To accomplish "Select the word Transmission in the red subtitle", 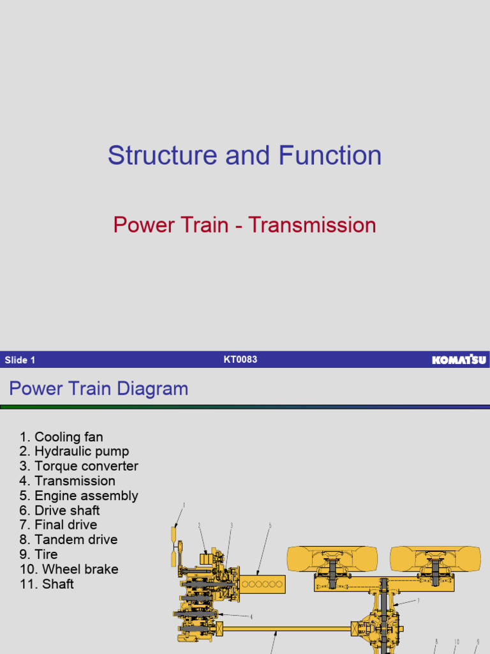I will pyautogui.click(x=312, y=225).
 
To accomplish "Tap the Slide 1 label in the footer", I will pyautogui.click(x=20, y=360).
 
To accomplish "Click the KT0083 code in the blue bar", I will pyautogui.click(x=241, y=360).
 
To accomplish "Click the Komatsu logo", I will pyautogui.click(x=459, y=360).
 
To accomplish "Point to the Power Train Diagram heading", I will pyautogui.click(x=98, y=389).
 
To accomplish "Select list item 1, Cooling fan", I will pyautogui.click(x=61, y=437).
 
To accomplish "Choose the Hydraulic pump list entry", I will pyautogui.click(x=74, y=452).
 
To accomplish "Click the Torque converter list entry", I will pyautogui.click(x=79, y=466).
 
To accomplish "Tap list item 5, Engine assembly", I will pyautogui.click(x=79, y=496).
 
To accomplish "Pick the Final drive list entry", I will pyautogui.click(x=59, y=525).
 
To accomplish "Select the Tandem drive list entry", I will pyautogui.click(x=68, y=540).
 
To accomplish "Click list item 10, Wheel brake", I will pyautogui.click(x=69, y=569).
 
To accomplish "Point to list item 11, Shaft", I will pyautogui.click(x=47, y=584).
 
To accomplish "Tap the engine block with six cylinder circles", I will pyautogui.click(x=262, y=584).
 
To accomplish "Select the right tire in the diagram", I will pyautogui.click(x=435, y=558).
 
